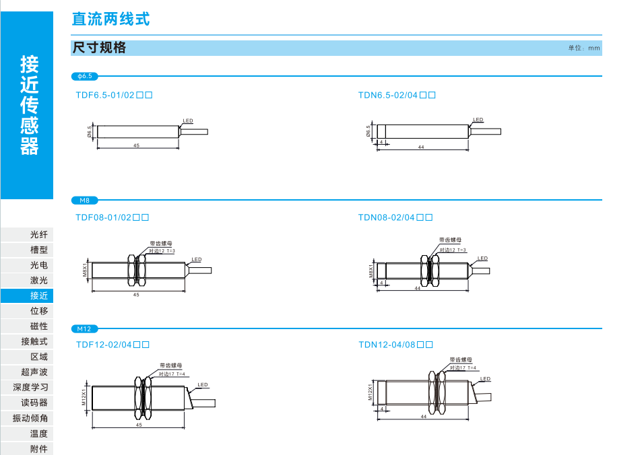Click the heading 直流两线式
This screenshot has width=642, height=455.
coord(110,19)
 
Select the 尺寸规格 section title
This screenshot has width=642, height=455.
coord(99,48)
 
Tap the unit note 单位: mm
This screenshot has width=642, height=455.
coord(583,48)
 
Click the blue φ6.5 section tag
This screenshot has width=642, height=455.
coord(85,77)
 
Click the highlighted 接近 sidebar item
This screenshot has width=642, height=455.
coord(26,295)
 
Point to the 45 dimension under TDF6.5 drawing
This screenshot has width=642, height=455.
coord(137,145)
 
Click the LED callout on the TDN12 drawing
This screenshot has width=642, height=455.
coord(486,379)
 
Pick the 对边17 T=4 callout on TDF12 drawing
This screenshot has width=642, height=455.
coord(172,374)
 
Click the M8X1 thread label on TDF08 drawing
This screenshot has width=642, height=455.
coord(86,269)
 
